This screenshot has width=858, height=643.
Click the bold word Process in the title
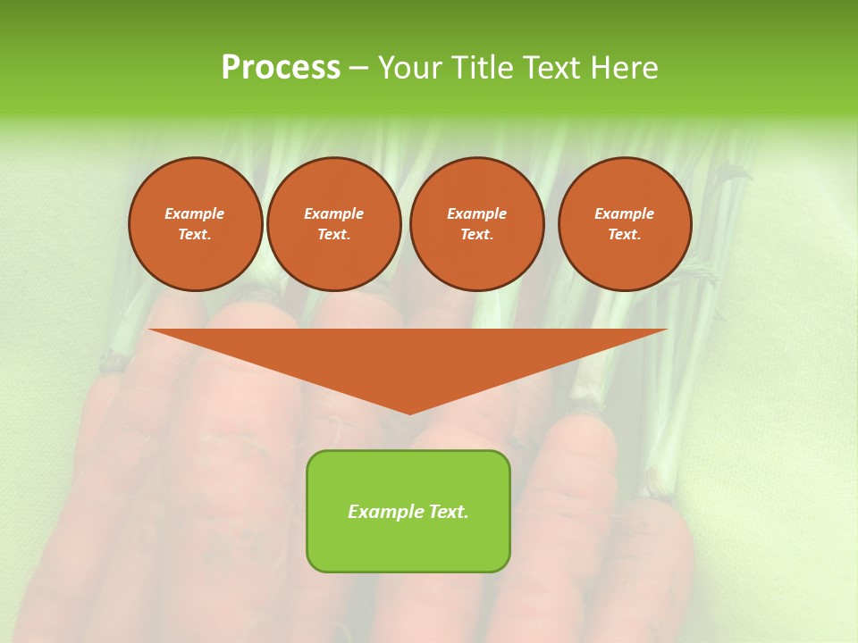coord(281,68)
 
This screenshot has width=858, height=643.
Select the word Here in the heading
coord(626,68)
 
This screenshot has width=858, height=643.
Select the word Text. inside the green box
coord(447,512)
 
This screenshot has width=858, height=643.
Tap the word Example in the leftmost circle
coord(195,213)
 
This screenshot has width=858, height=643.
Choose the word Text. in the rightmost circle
coord(625,234)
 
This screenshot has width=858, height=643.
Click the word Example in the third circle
coord(477,213)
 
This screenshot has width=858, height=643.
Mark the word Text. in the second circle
coord(334,234)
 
